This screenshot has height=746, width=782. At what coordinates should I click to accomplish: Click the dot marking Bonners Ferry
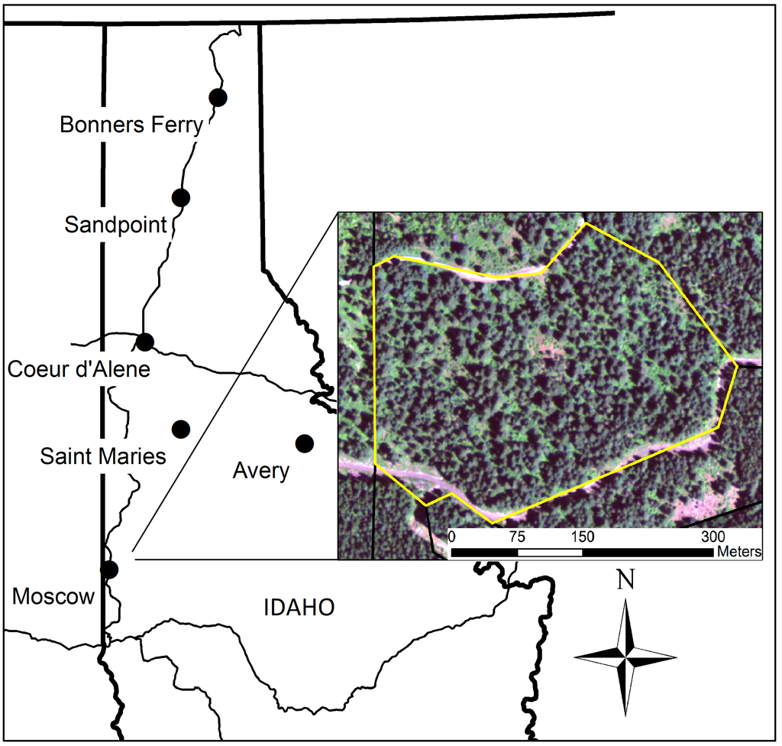pyautogui.click(x=218, y=97)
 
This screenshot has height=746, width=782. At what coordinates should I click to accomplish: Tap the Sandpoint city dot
pyautogui.click(x=180, y=197)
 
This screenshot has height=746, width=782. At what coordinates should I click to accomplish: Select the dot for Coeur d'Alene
pyautogui.click(x=145, y=341)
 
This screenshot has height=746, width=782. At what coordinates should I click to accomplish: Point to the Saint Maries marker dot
pyautogui.click(x=180, y=427)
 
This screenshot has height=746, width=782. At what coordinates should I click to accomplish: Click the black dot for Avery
pyautogui.click(x=305, y=443)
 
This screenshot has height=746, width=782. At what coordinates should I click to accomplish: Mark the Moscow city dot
pyautogui.click(x=109, y=569)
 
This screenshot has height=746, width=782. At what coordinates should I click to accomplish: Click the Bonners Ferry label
pyautogui.click(x=131, y=125)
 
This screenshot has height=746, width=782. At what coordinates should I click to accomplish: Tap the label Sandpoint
pyautogui.click(x=116, y=225)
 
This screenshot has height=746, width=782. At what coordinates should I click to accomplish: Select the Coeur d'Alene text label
pyautogui.click(x=79, y=369)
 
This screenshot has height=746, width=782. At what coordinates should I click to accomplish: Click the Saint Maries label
pyautogui.click(x=103, y=456)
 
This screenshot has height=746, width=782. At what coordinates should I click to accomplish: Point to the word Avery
pyautogui.click(x=260, y=471)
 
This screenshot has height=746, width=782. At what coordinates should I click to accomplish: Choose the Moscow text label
pyautogui.click(x=53, y=596)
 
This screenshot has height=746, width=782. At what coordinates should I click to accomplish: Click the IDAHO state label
pyautogui.click(x=299, y=608)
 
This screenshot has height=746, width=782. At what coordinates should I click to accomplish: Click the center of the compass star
pyautogui.click(x=625, y=657)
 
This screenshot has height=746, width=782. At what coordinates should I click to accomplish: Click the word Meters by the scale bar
pyautogui.click(x=738, y=551)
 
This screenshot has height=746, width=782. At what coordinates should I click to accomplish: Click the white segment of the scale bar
pyautogui.click(x=550, y=551)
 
